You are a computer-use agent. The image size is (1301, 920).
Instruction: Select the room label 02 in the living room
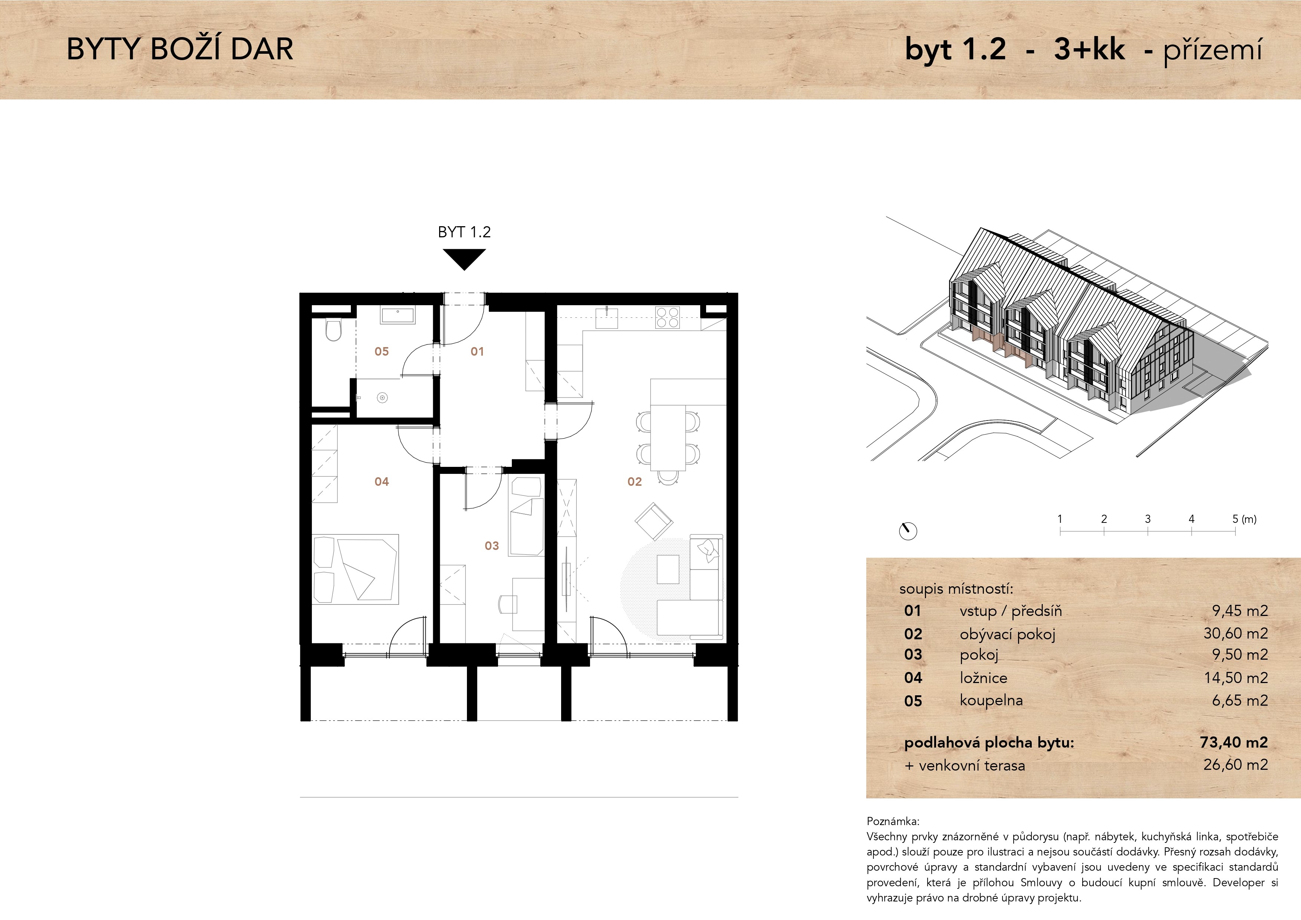coord(634,482)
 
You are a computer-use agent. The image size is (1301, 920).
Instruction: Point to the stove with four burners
coord(667,317)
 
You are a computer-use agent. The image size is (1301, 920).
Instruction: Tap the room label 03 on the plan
coord(491,545)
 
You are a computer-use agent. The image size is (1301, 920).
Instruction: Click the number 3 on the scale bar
coord(1147,518)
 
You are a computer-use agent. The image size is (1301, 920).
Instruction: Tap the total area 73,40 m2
coord(1234,742)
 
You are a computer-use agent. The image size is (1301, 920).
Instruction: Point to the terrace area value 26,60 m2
coord(1235,764)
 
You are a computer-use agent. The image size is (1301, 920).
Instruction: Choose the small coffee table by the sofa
coord(668,569)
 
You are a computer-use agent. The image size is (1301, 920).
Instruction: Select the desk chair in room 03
coord(508,604)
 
